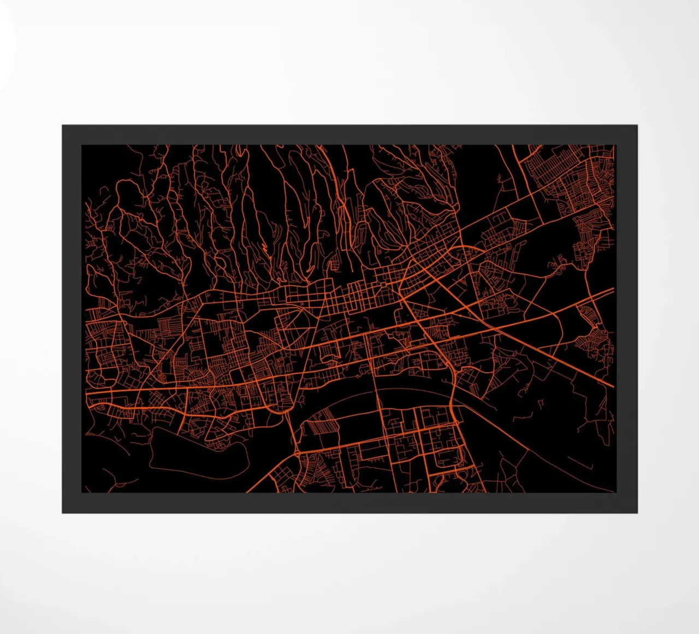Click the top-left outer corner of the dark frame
click(62, 125)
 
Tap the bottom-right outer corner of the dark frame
click(637, 513)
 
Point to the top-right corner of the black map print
click(615, 145)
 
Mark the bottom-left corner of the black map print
click(82, 492)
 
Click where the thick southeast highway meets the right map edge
click(613, 386)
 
